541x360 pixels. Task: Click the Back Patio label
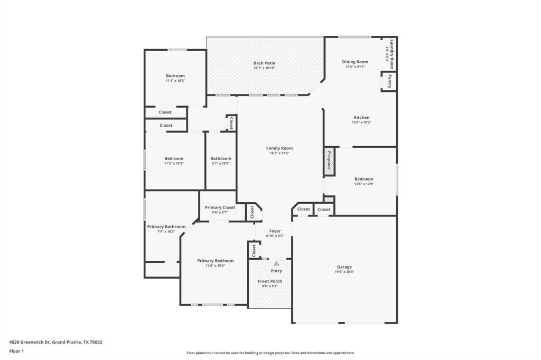264,63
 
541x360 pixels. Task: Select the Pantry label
389,81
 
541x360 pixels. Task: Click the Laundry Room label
391,51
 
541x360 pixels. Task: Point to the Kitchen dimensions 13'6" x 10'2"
361,122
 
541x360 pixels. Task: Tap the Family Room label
279,148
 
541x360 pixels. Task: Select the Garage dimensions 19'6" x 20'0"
344,272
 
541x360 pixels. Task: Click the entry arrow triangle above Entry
276,263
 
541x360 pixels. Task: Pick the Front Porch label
270,281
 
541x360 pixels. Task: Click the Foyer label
275,231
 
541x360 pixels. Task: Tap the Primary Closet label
220,207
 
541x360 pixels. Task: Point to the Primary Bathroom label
166,226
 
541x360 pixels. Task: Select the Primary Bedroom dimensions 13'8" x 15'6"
215,266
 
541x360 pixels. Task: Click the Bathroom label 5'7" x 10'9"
221,158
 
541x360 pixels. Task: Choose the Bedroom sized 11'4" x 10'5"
175,75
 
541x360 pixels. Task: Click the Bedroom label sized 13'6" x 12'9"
363,179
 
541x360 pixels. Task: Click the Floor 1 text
16,351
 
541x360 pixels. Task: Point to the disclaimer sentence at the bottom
270,353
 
